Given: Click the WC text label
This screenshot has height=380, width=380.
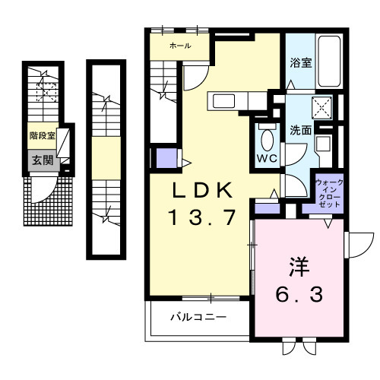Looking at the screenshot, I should (x=265, y=159).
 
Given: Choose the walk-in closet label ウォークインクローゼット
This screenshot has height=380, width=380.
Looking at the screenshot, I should (x=329, y=195).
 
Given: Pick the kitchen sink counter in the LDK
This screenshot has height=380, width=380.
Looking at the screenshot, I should (x=229, y=101).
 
